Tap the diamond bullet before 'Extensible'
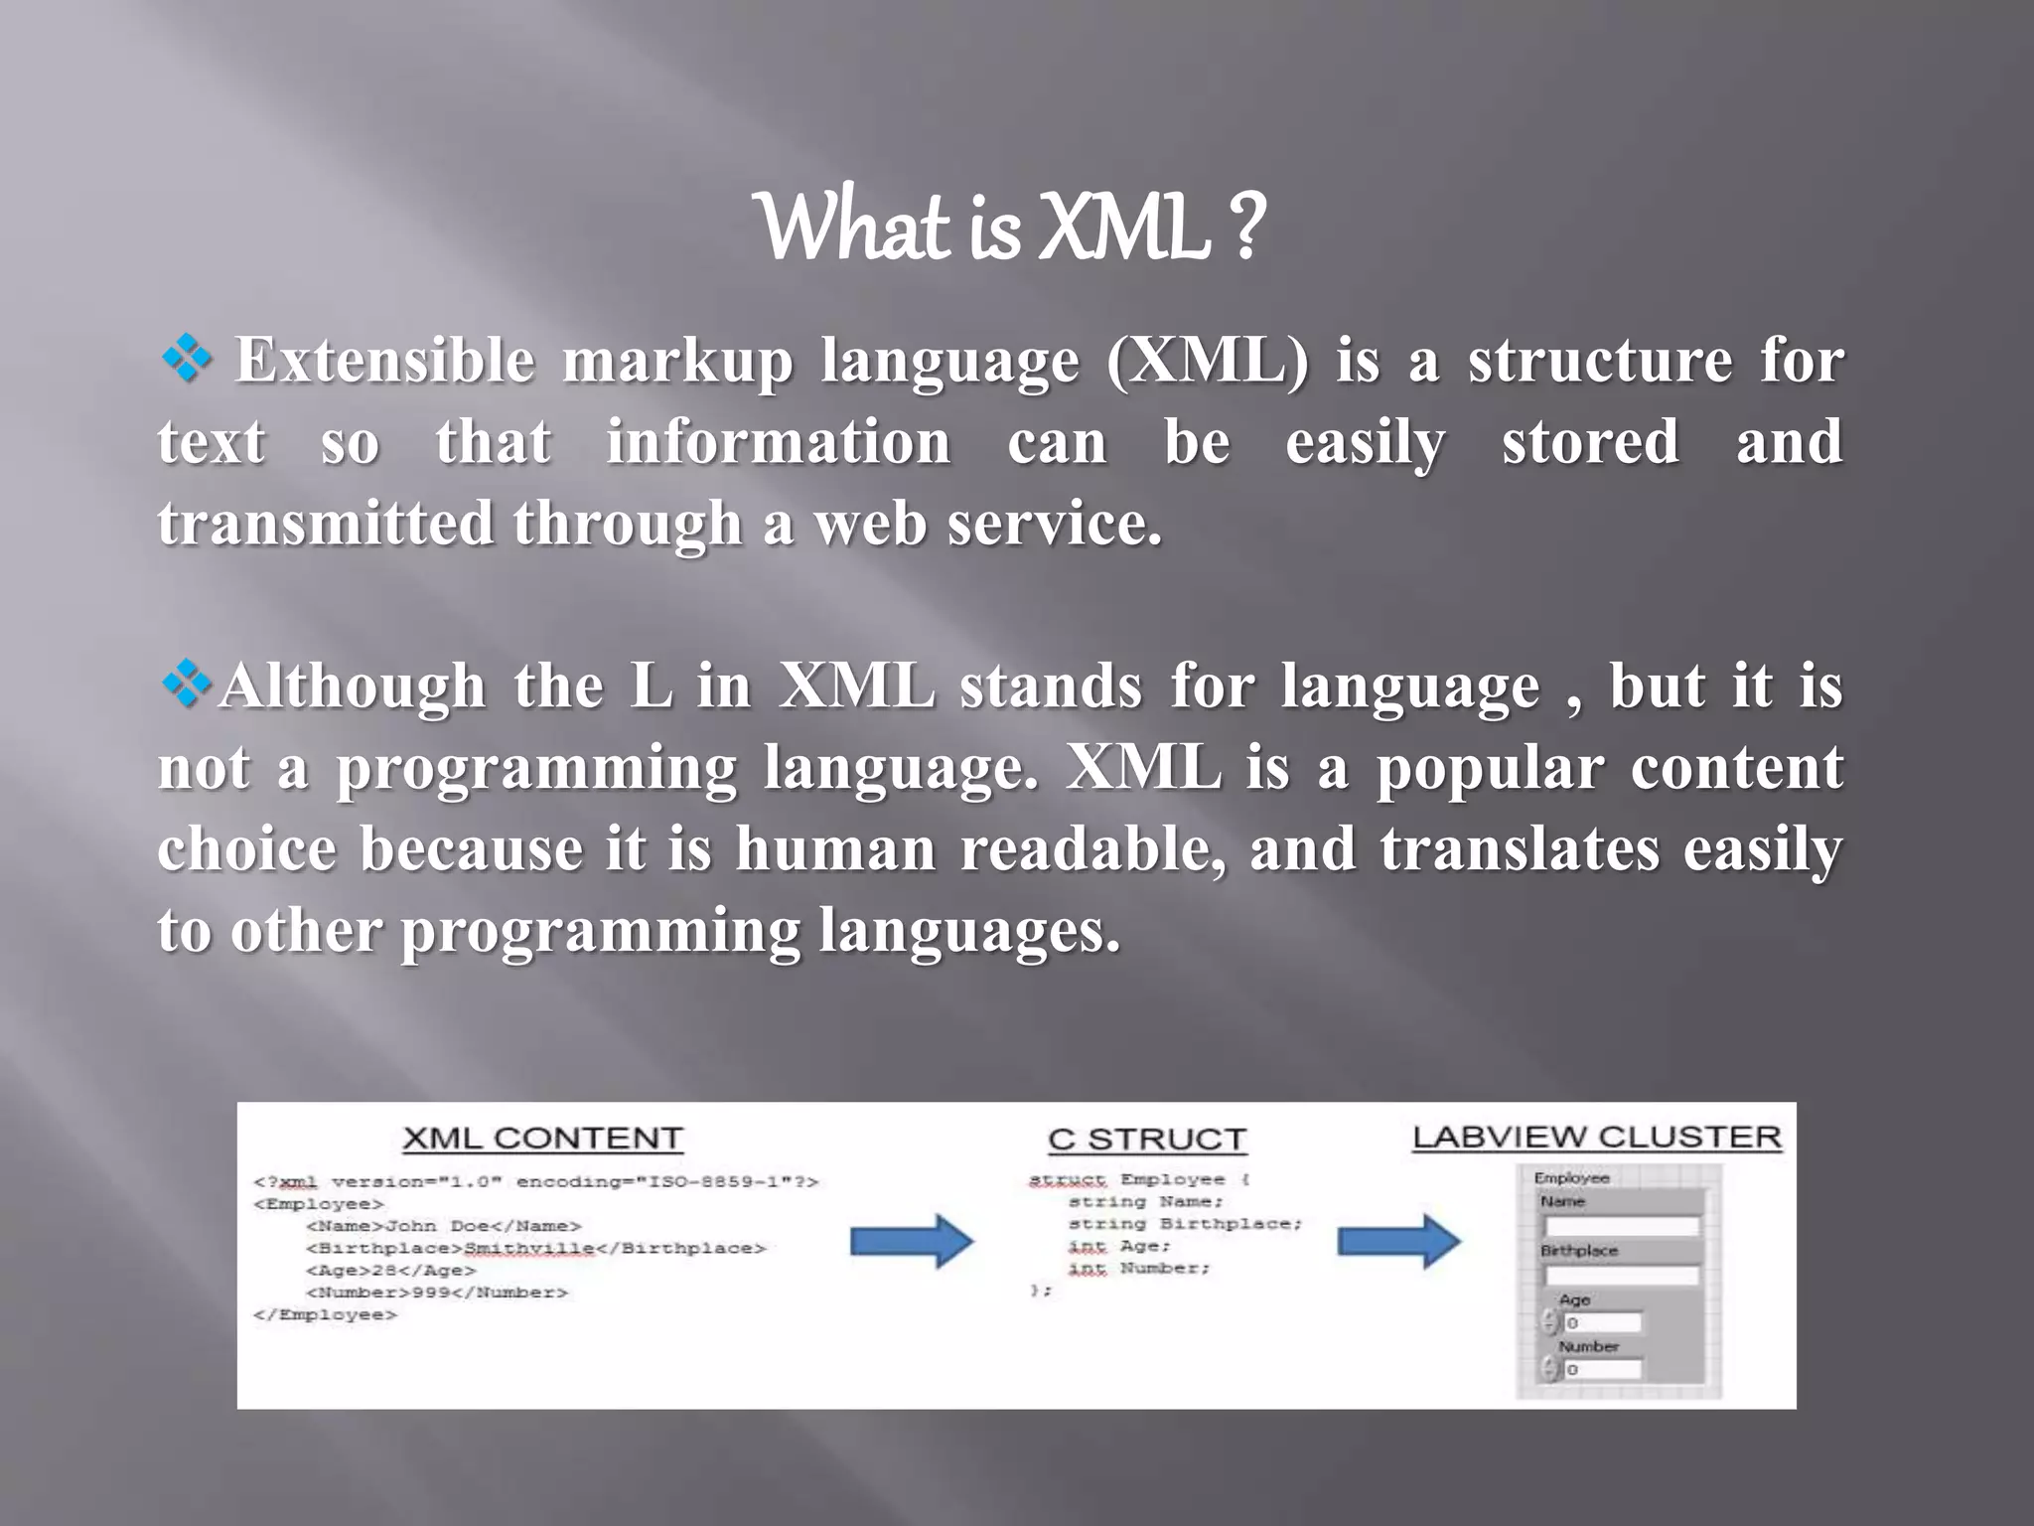186,359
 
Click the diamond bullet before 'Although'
186,685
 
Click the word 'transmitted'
325,524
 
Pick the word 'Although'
353,687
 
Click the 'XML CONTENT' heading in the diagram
542,1139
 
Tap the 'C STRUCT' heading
1147,1140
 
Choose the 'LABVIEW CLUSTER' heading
1596,1138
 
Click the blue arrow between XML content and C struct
911,1241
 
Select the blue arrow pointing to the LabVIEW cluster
1398,1241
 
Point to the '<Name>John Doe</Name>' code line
443,1226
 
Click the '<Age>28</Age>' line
391,1271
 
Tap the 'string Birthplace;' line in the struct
1184,1224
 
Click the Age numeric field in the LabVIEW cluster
1601,1322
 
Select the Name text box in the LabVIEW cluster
1621,1226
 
